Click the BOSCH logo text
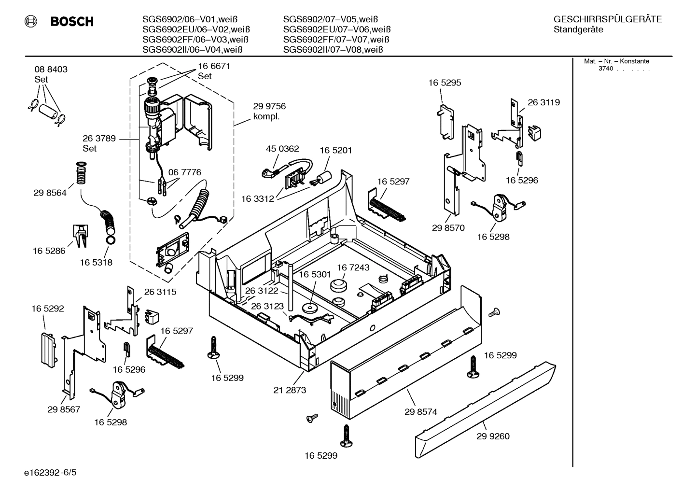(x=71, y=22)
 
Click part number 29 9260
(x=493, y=436)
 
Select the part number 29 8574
(x=420, y=412)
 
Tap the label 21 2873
(x=290, y=390)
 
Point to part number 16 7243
(x=353, y=267)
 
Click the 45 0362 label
(x=282, y=149)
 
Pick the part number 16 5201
(x=335, y=150)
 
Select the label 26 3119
(x=543, y=102)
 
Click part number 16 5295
(x=445, y=83)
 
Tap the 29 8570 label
(x=448, y=228)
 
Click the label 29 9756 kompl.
(x=269, y=112)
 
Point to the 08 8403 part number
(x=51, y=69)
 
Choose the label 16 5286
(x=49, y=251)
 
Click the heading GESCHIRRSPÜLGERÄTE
(x=607, y=19)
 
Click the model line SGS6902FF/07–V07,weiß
(x=336, y=40)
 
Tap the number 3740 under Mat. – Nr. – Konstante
(x=605, y=69)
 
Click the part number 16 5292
(x=48, y=309)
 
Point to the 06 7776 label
(x=184, y=172)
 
